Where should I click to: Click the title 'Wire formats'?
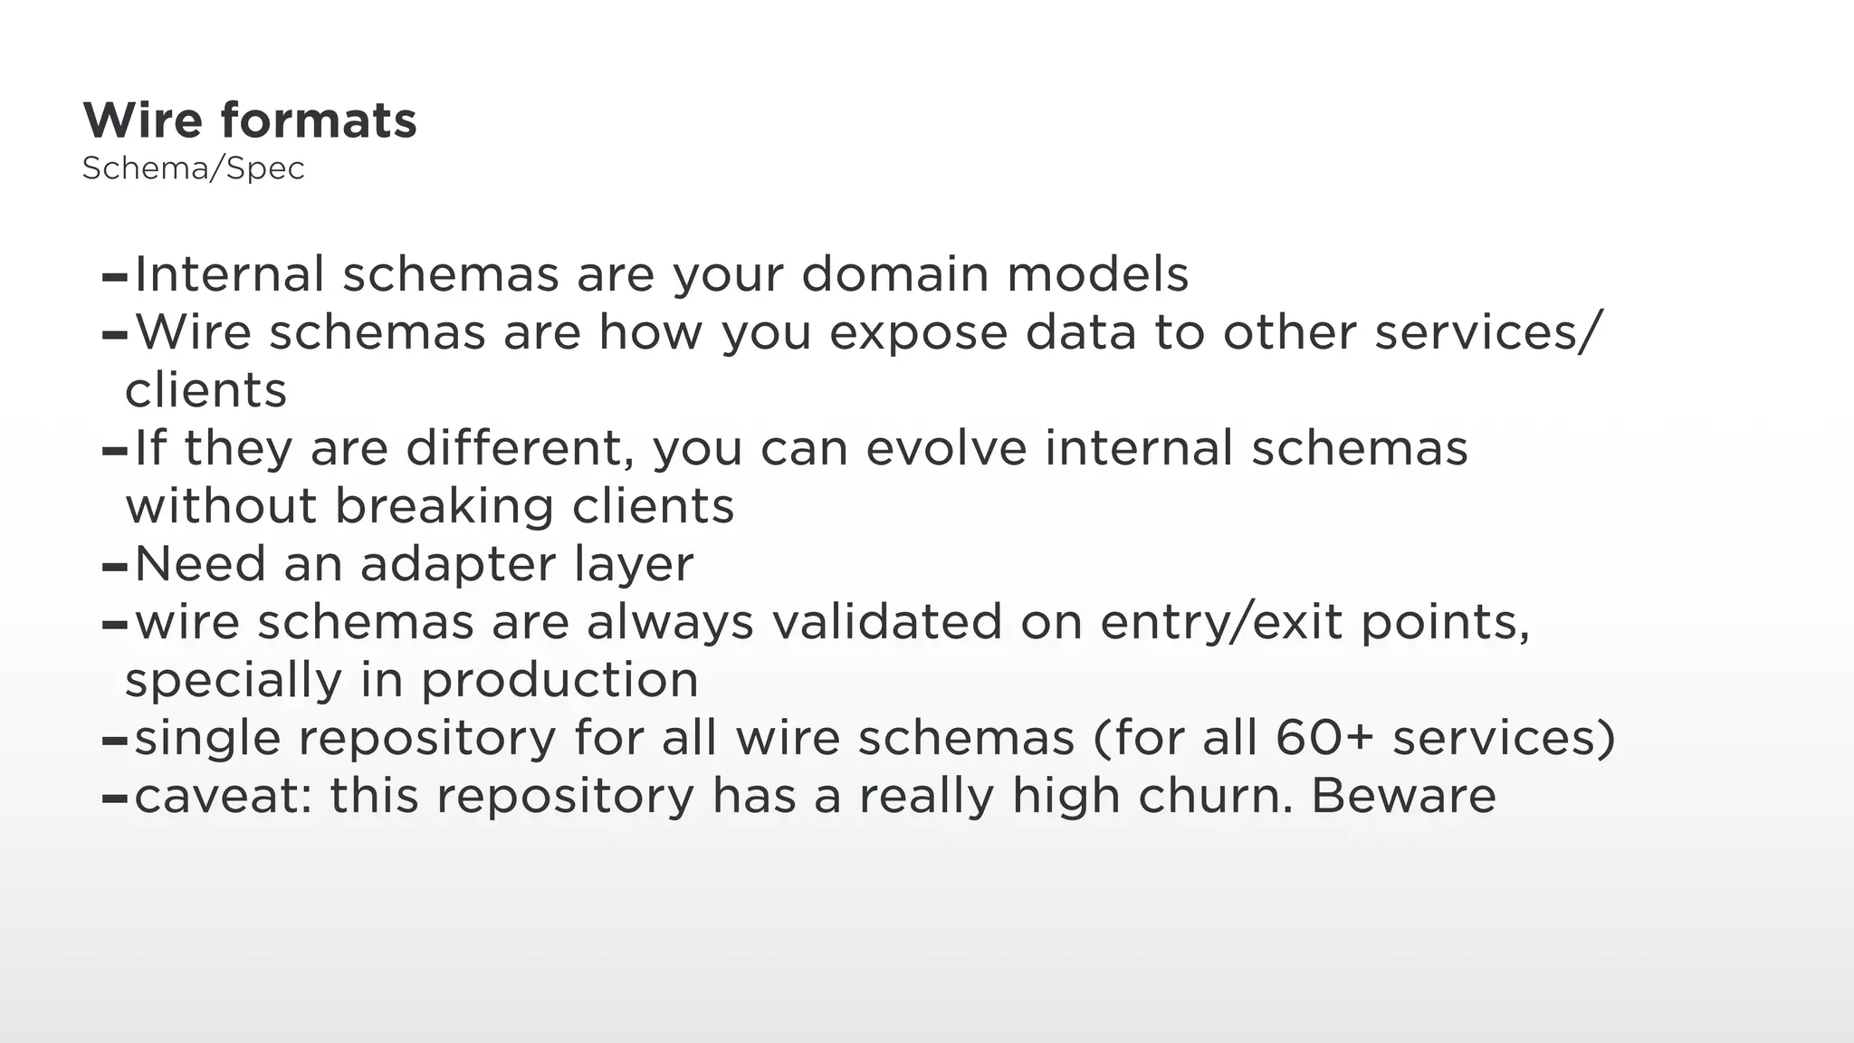click(250, 120)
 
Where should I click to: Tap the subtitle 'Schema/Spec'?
click(194, 168)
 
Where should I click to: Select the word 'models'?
click(1097, 274)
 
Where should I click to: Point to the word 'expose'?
click(918, 333)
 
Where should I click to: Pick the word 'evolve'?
click(946, 448)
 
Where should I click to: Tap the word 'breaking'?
click(444, 506)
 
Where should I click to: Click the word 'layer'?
click(634, 565)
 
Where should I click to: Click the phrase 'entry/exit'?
click(1221, 623)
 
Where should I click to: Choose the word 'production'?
click(560, 681)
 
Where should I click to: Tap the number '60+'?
click(1324, 738)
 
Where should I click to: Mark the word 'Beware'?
click(1403, 797)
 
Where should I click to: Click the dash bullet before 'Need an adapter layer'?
click(115, 568)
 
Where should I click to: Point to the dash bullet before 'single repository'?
click(115, 742)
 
